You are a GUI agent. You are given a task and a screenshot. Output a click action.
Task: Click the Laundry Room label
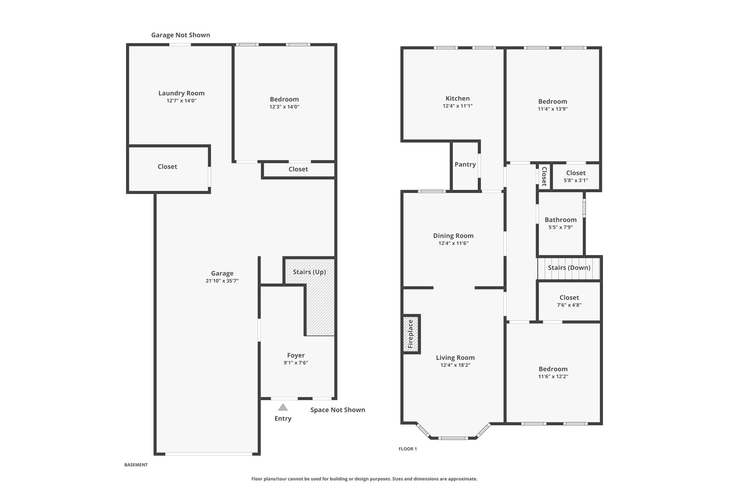182,93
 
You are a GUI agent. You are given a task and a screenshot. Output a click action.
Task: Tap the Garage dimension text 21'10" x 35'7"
222,281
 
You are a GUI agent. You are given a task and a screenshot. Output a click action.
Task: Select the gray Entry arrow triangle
283,407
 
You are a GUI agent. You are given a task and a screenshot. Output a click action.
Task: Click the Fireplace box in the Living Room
411,334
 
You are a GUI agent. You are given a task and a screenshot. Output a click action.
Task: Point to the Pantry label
465,164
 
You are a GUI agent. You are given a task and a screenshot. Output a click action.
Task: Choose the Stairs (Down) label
569,268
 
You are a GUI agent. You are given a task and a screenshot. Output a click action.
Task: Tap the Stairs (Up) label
309,272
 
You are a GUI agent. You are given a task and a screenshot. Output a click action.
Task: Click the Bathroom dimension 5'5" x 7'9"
561,228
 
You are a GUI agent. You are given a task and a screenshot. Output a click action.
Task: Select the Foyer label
296,355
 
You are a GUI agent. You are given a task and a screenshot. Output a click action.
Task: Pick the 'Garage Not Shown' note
180,35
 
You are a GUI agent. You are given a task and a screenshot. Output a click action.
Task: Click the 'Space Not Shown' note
338,410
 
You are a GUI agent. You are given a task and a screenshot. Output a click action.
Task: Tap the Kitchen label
458,99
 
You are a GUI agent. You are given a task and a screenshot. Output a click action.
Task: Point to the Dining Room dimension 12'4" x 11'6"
453,244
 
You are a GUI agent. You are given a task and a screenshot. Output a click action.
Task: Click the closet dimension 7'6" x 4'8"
569,305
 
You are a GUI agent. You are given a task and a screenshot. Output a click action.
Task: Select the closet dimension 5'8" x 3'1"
576,181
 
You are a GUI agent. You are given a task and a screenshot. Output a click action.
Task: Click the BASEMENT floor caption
136,465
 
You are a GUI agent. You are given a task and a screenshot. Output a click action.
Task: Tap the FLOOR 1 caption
408,449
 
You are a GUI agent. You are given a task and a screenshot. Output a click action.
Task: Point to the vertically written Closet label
544,177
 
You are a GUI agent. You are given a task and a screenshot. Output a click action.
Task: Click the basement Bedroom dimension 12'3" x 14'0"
284,107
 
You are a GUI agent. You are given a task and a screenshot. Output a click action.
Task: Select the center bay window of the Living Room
453,438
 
